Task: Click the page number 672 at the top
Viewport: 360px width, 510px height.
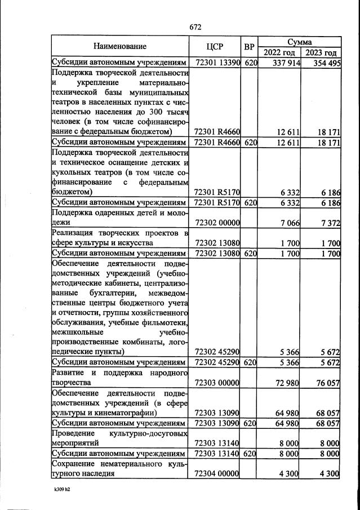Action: tap(195, 27)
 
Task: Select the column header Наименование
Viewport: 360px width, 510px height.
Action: tap(120, 46)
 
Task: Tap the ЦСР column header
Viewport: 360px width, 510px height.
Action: tap(216, 46)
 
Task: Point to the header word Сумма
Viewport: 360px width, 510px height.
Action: tap(300, 42)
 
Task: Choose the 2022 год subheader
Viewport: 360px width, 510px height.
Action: tap(280, 52)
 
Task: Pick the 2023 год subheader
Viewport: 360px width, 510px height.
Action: tap(321, 52)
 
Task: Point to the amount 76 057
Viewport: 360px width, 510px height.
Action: tap(326, 383)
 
